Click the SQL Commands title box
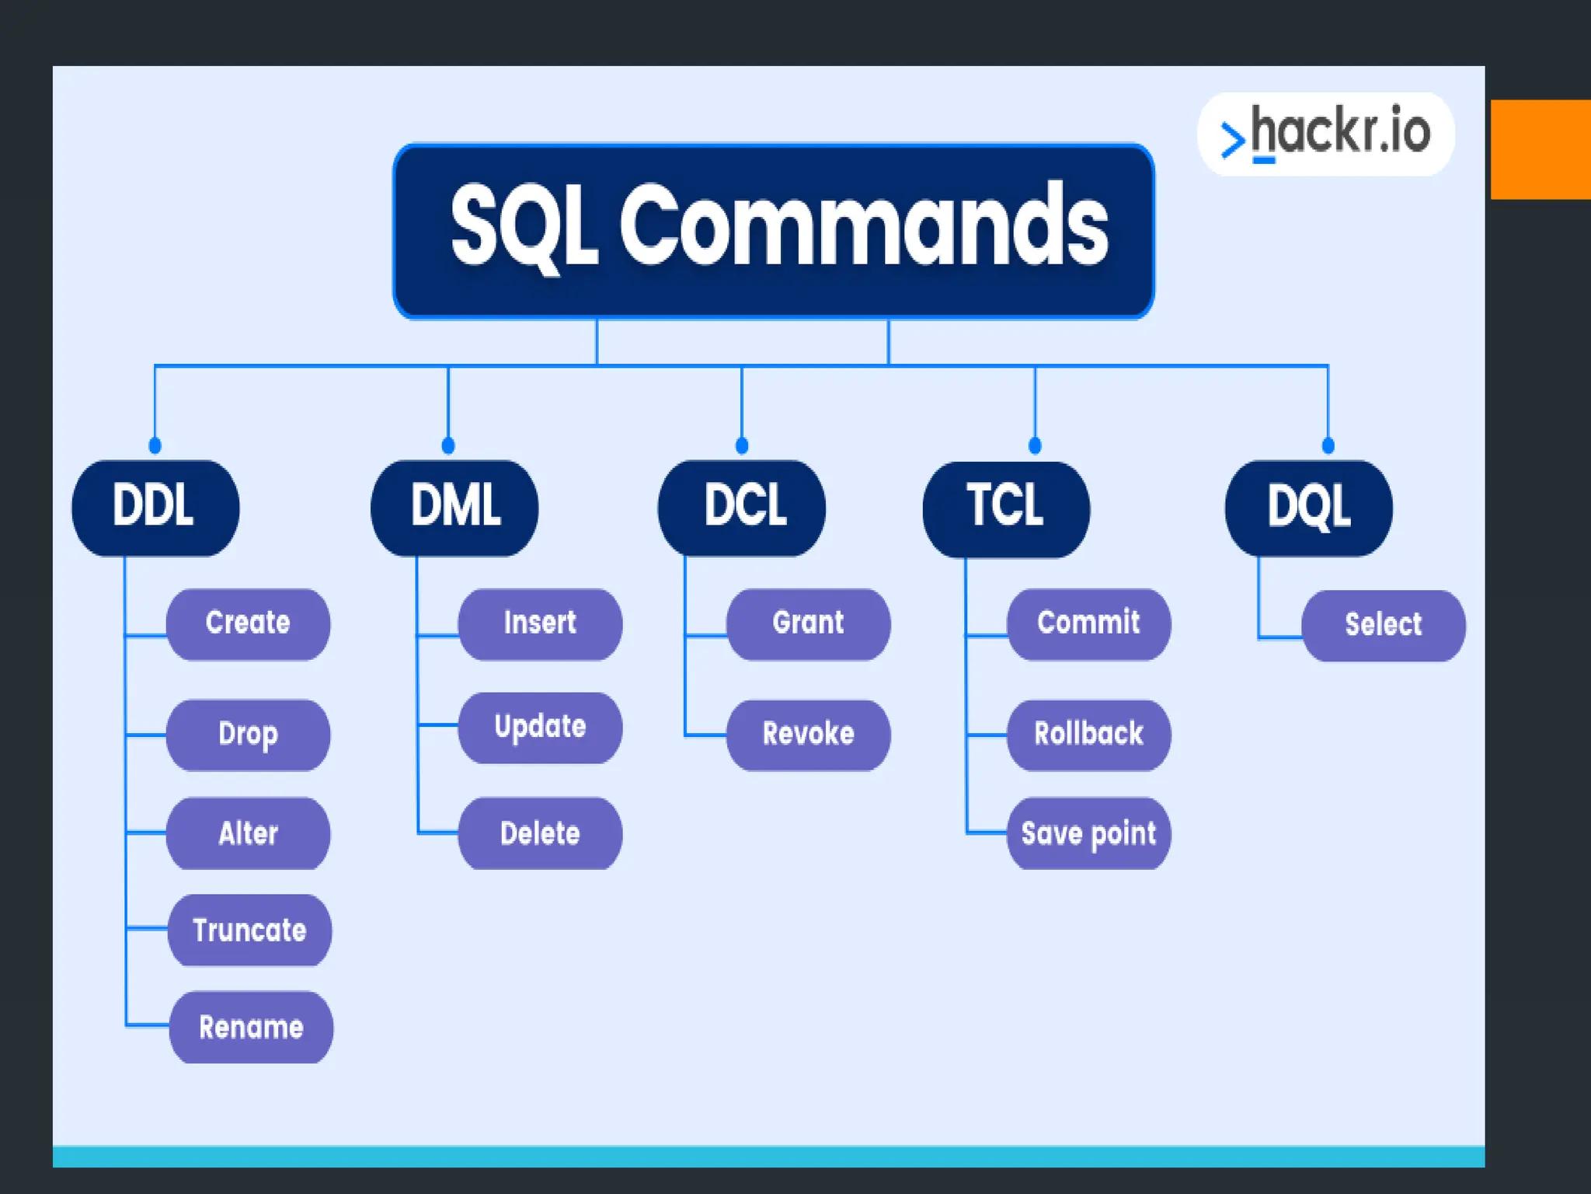(x=774, y=231)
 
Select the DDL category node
(x=155, y=508)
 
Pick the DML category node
(x=454, y=508)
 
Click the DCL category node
(x=742, y=508)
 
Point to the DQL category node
(x=1309, y=508)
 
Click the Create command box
(x=248, y=623)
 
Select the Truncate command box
(x=249, y=930)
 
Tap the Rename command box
(x=251, y=1027)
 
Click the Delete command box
(x=540, y=833)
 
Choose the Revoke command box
(x=808, y=735)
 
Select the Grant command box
(x=808, y=623)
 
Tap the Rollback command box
(x=1088, y=735)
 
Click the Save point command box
(x=1088, y=833)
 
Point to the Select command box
(x=1384, y=625)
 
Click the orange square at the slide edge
(x=1541, y=149)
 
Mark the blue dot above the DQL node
(x=1328, y=445)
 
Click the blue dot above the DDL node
(x=155, y=445)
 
